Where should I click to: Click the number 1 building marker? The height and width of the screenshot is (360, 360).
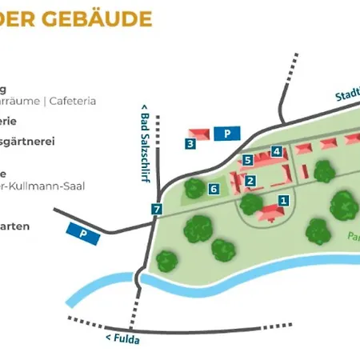(283, 199)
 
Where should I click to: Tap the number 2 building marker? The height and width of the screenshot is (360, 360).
(250, 181)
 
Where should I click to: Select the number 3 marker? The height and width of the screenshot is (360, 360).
(190, 144)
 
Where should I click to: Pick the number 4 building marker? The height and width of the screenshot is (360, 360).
(276, 151)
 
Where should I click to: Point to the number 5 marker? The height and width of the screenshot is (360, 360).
(248, 160)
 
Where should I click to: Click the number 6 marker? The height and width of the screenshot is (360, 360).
(214, 189)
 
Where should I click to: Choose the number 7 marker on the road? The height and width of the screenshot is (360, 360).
(157, 210)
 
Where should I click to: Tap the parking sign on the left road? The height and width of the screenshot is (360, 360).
(80, 232)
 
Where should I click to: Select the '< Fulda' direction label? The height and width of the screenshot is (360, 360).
(120, 338)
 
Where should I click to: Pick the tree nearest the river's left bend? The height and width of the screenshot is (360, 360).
(166, 260)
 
